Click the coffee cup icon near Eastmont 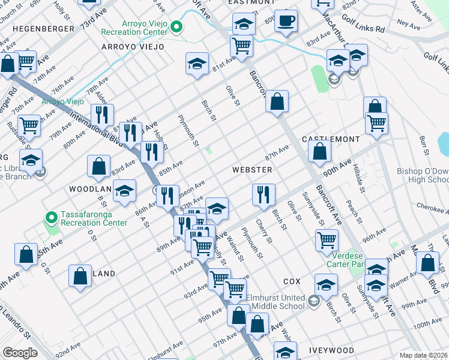[x=286, y=20]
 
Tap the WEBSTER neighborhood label [x=253, y=170]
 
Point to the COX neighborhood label [x=292, y=281]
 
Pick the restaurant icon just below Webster [x=264, y=194]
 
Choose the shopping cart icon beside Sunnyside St [x=327, y=240]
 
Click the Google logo [x=20, y=353]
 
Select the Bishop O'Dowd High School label [x=423, y=175]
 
